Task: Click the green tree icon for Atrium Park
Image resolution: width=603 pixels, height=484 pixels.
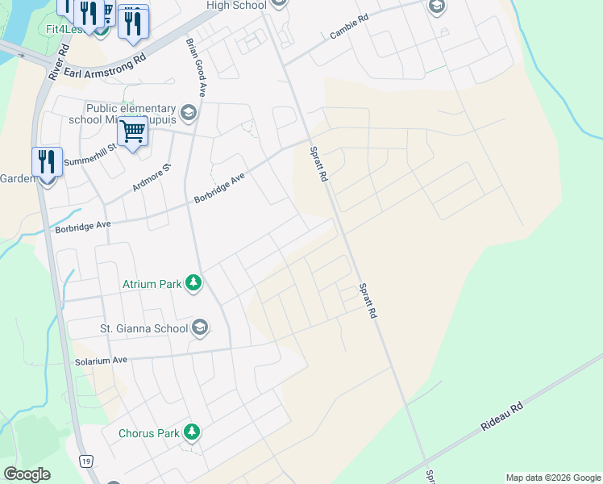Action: tap(193, 283)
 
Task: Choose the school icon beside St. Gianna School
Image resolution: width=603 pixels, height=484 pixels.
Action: tap(200, 328)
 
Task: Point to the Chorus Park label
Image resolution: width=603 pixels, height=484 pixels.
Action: tap(149, 433)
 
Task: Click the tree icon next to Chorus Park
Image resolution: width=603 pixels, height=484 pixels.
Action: tap(191, 433)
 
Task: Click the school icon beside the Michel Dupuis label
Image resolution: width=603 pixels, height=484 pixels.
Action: tap(189, 112)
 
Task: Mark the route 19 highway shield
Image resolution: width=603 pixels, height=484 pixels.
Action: tap(85, 461)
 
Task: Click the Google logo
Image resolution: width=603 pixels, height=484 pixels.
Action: tap(27, 474)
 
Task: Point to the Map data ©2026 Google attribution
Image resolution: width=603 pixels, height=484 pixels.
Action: tap(553, 478)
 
